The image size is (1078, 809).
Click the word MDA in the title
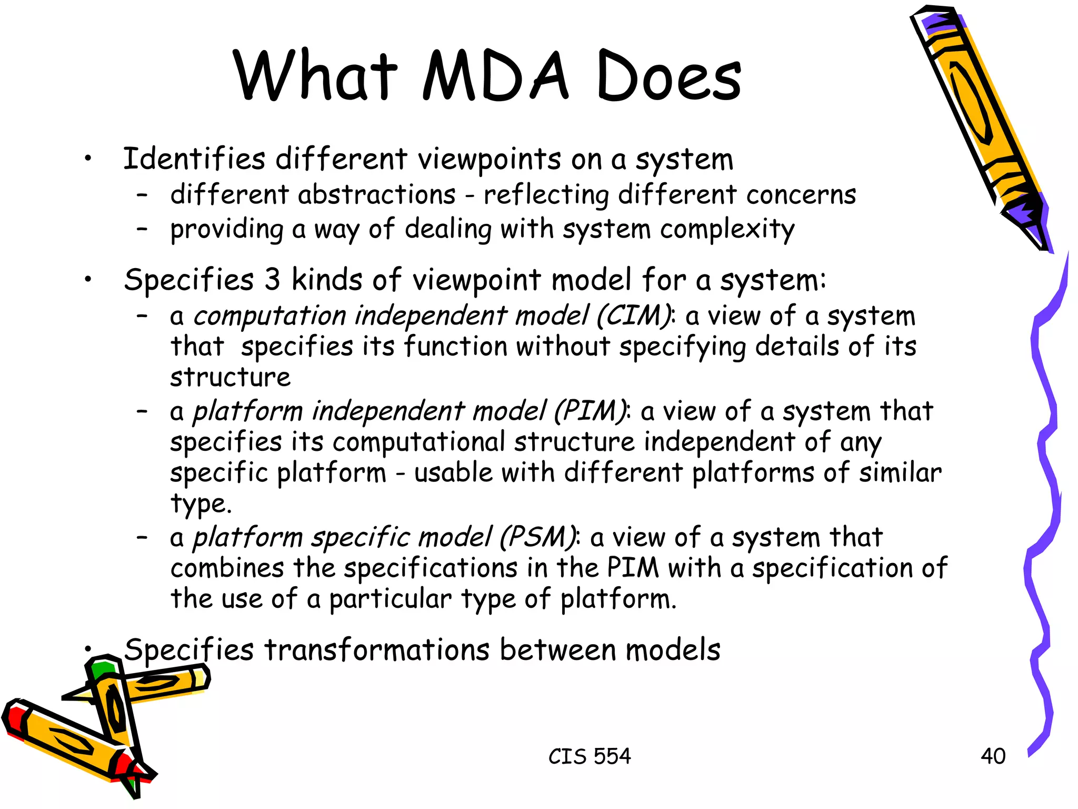pos(495,76)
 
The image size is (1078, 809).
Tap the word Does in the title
pos(669,76)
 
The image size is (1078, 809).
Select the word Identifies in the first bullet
pos(194,159)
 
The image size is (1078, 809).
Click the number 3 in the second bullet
pos(272,279)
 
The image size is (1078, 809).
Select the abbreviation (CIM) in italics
pos(634,316)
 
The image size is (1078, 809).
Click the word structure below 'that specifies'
pos(230,377)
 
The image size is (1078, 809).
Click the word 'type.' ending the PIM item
pos(201,504)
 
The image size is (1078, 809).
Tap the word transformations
pos(377,649)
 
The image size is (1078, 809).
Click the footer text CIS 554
pos(589,756)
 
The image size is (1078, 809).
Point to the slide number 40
pos(993,756)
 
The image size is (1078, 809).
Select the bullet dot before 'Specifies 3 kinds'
pos(88,279)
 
